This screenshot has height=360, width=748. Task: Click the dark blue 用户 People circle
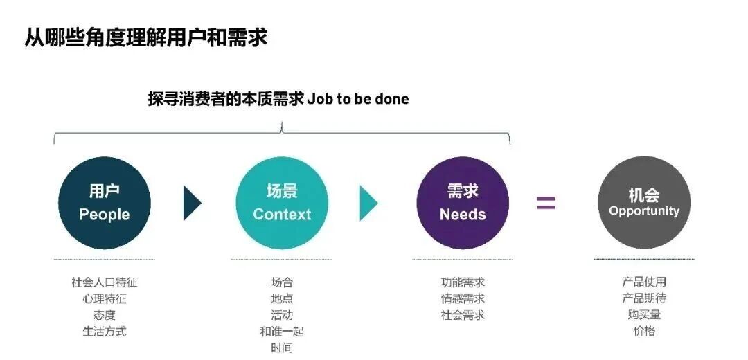(x=104, y=203)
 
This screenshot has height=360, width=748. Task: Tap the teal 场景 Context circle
(x=282, y=203)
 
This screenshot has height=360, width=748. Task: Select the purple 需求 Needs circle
(x=463, y=203)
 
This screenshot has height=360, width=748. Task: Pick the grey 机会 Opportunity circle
(x=644, y=203)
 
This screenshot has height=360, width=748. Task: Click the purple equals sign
(x=546, y=203)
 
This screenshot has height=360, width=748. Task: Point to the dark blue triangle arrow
(x=191, y=203)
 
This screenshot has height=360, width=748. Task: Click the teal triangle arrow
(x=368, y=203)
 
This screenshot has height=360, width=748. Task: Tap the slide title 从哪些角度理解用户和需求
(x=146, y=37)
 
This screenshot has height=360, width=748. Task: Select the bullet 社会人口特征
(x=105, y=282)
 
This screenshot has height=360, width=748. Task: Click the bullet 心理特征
(x=105, y=299)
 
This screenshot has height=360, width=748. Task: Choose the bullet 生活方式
(x=105, y=332)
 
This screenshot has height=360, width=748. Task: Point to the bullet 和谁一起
(x=282, y=332)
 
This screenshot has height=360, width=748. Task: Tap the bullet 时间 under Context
(x=282, y=348)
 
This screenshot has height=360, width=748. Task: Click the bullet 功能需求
(x=463, y=282)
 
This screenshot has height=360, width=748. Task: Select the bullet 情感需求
(x=463, y=299)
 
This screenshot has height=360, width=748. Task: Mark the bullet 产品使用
(x=644, y=282)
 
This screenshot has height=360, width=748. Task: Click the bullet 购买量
(x=644, y=314)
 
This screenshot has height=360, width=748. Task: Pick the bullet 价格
(x=644, y=331)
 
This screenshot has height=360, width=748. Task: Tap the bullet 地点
(x=282, y=299)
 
